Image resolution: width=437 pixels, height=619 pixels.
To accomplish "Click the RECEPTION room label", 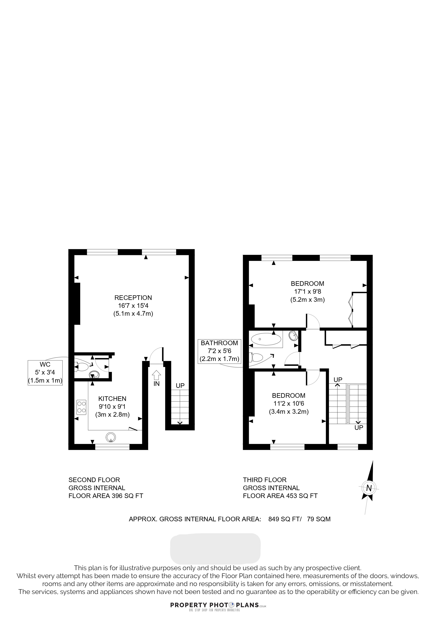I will click(133, 298).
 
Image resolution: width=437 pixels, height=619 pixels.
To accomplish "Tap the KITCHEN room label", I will click(112, 398).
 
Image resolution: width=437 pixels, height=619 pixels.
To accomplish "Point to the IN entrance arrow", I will click(156, 378).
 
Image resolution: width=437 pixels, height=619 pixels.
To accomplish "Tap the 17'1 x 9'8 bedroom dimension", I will click(307, 291).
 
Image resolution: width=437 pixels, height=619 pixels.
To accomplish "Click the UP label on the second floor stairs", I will click(180, 386).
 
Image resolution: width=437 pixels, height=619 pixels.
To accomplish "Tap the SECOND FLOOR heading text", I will click(94, 480).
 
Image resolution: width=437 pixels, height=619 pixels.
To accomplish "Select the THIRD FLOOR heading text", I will click(265, 480).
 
